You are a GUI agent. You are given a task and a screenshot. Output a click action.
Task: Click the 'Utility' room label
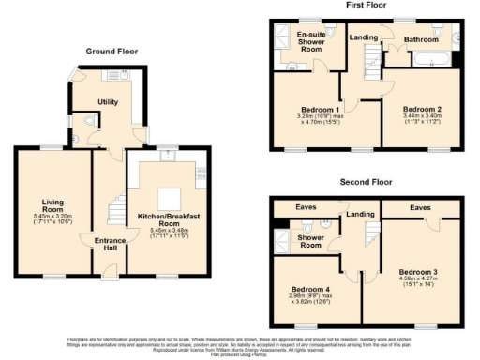[112, 103]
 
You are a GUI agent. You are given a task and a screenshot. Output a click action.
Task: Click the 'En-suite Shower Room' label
[311, 41]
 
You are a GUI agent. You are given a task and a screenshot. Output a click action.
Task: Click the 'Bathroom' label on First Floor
[422, 39]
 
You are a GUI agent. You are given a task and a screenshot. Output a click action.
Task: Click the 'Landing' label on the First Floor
[363, 37]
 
